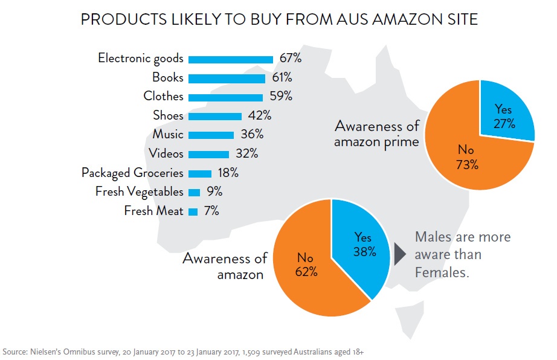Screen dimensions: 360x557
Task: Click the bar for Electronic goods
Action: pos(231,59)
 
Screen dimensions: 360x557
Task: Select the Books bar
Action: pos(227,78)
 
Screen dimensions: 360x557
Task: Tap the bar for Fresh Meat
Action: pos(193,211)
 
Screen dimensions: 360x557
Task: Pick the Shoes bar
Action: pos(214,116)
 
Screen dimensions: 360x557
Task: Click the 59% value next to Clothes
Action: pos(280,97)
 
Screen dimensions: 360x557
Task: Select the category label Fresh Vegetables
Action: pos(140,192)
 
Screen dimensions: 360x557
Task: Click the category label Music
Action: pos(168,135)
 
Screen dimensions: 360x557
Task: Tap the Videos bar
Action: pos(208,154)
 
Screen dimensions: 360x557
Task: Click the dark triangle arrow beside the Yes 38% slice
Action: pos(400,255)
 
